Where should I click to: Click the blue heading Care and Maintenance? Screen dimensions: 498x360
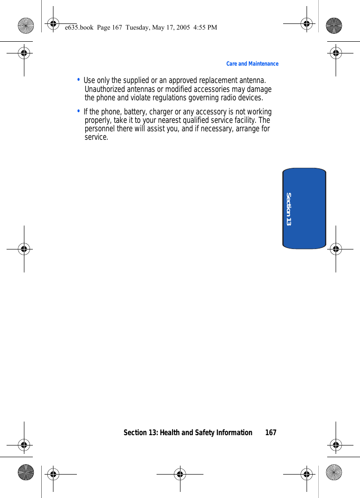[252, 64]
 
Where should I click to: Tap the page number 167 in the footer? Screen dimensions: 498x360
[270, 432]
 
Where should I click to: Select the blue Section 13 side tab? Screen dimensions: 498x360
[304, 208]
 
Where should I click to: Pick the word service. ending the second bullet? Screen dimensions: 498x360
[96, 137]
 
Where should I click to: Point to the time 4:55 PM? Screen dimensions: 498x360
[206, 28]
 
